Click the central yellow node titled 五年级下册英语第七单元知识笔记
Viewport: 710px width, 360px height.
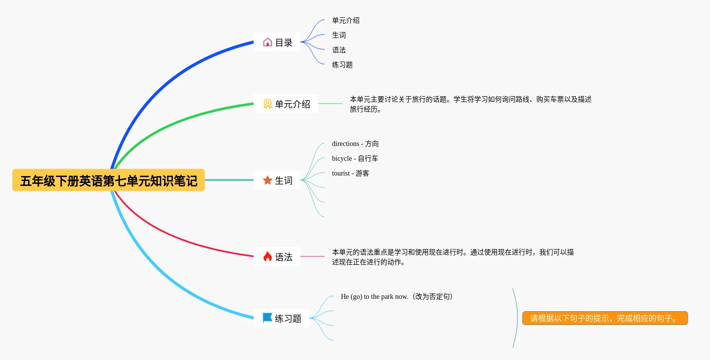pos(109,180)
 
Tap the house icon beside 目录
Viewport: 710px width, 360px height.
pos(267,42)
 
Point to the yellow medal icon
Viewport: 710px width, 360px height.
pos(267,104)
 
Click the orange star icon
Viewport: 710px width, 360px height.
pos(267,180)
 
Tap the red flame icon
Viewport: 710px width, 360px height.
pos(267,257)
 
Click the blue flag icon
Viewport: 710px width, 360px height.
pos(267,318)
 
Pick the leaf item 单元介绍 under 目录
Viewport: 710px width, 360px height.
pos(346,21)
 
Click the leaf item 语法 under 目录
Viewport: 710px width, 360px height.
pos(339,50)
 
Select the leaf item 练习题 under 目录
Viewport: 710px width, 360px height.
pos(342,65)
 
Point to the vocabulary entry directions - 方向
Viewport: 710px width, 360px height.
pos(355,144)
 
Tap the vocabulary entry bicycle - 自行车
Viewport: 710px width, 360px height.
pos(355,159)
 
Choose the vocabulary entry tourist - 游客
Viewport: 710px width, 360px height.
pos(350,174)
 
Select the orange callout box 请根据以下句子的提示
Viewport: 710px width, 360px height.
pos(605,319)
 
